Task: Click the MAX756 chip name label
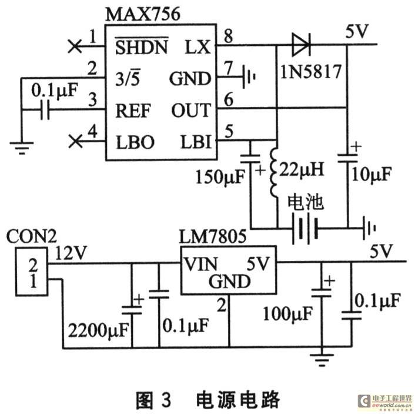click(143, 14)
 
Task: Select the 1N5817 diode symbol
click(301, 45)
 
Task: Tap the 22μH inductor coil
click(274, 173)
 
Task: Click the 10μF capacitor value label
click(372, 174)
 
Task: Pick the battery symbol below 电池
click(304, 229)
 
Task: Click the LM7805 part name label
click(213, 236)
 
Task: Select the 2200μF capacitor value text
click(98, 330)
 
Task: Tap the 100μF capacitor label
click(287, 314)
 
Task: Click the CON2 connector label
click(31, 236)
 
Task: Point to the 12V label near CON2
click(71, 253)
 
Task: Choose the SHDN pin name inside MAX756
click(142, 46)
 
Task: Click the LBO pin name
click(135, 142)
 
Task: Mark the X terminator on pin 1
click(75, 46)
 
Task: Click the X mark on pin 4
click(75, 141)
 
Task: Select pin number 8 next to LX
click(229, 36)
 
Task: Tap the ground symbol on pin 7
click(249, 77)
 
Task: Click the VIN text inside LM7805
click(201, 264)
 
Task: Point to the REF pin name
click(133, 111)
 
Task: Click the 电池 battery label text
click(306, 203)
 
